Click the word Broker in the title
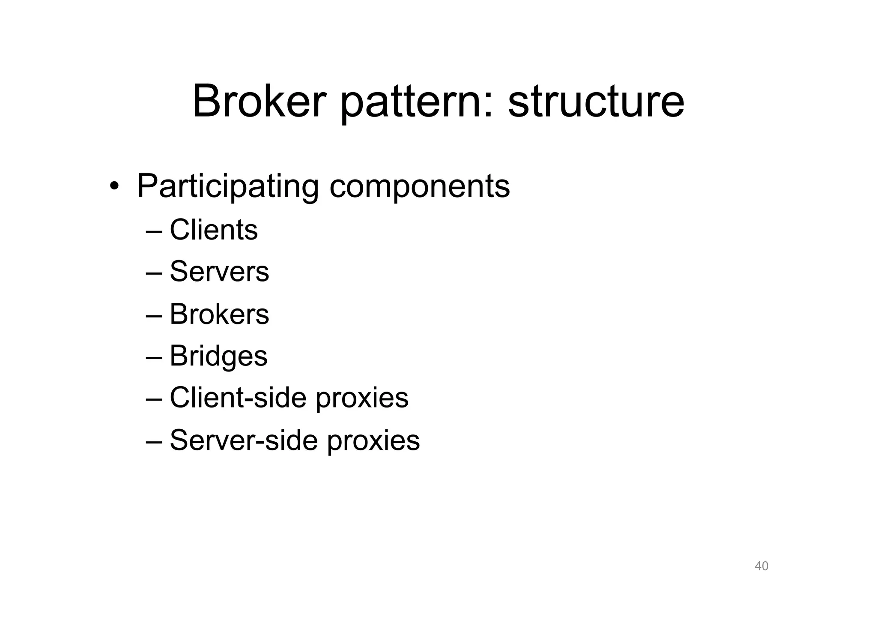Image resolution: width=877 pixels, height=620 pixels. click(259, 102)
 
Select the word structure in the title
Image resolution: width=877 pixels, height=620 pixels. click(596, 102)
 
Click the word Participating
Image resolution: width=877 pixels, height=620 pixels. click(227, 186)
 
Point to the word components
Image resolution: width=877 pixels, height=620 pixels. click(420, 187)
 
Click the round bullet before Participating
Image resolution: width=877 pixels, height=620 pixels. click(114, 186)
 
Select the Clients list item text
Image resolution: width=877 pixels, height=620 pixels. click(214, 230)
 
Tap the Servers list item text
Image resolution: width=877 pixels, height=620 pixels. click(219, 272)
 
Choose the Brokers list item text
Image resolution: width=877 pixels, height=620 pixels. click(219, 314)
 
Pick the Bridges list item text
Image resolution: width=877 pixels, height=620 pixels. click(218, 356)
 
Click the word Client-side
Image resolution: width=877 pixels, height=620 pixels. click(238, 398)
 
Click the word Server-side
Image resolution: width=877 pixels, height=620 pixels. click(244, 440)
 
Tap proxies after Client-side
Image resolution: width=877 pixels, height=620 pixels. click(362, 399)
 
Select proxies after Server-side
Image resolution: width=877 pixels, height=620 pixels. click(373, 441)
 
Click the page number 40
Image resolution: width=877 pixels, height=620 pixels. click(761, 566)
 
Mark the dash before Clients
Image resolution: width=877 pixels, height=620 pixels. click(154, 231)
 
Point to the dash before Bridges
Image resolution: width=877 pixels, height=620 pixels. click(154, 357)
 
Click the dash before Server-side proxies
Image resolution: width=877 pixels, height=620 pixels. click(154, 441)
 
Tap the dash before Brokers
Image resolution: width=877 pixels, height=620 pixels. click(154, 315)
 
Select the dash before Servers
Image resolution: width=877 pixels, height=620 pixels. click(154, 273)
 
